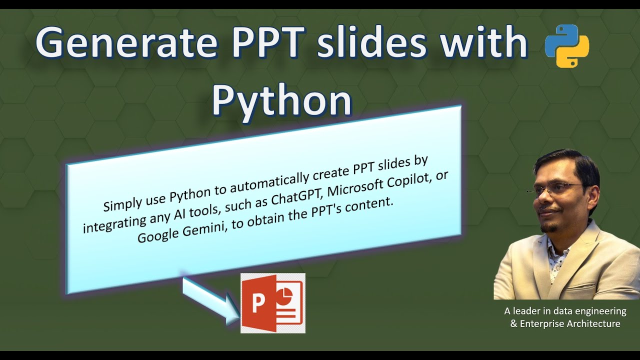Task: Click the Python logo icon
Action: (x=566, y=46)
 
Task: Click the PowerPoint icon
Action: (x=272, y=303)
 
